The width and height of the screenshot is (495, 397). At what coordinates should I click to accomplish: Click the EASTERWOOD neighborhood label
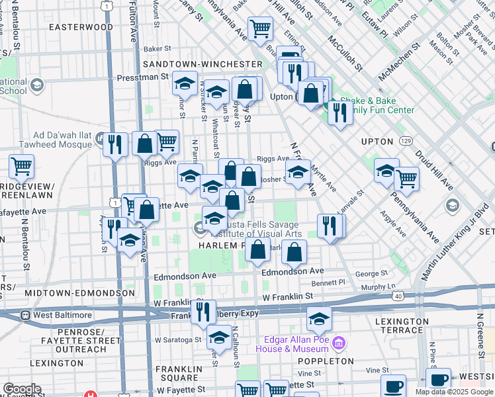81,27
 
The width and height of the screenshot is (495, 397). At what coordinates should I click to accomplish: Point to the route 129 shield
406,141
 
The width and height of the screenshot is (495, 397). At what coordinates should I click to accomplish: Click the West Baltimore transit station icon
25,315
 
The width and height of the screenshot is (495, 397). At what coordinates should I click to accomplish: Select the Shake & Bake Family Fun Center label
377,105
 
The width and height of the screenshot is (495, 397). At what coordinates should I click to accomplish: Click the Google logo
22,389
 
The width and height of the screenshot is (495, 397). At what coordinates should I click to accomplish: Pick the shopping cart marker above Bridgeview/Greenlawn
22,167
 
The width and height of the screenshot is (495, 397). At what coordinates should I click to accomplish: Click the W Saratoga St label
178,339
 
